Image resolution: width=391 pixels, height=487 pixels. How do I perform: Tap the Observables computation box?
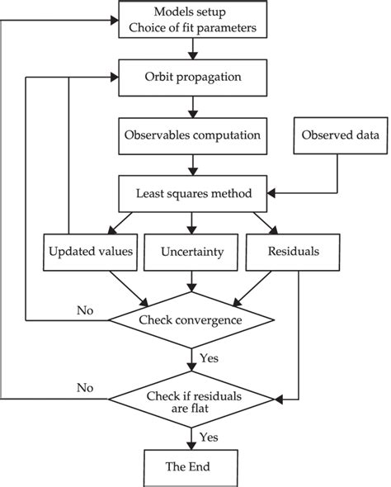(192, 135)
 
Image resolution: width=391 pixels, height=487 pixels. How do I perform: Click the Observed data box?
(340, 135)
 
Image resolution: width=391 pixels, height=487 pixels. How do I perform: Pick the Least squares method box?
(192, 195)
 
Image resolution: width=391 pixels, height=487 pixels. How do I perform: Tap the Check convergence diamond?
(192, 319)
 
